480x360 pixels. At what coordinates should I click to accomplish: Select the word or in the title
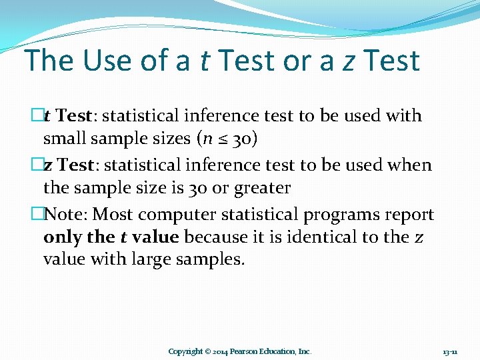coord(300,61)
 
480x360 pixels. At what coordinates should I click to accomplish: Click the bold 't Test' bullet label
coord(67,115)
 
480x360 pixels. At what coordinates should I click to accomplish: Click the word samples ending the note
coord(212,259)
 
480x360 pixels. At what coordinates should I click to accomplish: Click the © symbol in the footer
coord(208,351)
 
